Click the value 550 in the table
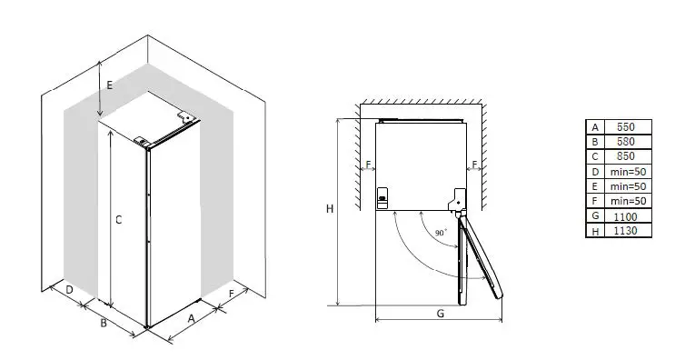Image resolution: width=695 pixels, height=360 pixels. point(625,127)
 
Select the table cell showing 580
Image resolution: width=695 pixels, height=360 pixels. point(625,142)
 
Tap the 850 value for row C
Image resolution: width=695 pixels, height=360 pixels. point(625,156)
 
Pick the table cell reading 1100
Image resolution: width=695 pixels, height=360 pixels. point(625,216)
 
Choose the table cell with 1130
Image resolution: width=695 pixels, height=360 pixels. point(625,231)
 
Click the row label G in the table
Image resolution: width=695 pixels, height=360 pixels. point(595,216)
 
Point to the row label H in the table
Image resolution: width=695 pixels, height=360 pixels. point(595,231)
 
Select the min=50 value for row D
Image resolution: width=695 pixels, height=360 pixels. point(625,172)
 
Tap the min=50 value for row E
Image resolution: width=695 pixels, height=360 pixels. point(625,186)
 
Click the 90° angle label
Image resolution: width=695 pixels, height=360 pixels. point(441,234)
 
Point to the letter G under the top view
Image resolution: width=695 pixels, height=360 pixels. point(440,314)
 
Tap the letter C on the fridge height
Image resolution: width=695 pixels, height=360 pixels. point(118,219)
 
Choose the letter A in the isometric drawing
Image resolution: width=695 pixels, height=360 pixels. point(192,318)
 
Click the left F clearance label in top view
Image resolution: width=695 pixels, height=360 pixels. point(368,165)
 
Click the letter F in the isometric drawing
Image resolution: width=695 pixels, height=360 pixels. point(232,294)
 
